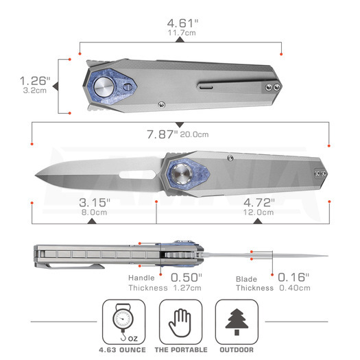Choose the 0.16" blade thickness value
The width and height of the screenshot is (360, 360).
pos(293,277)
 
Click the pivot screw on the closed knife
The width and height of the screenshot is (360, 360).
pos(106,86)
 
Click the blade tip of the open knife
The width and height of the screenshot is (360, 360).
pos(35,173)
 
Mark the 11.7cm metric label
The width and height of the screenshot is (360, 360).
pos(180,31)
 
